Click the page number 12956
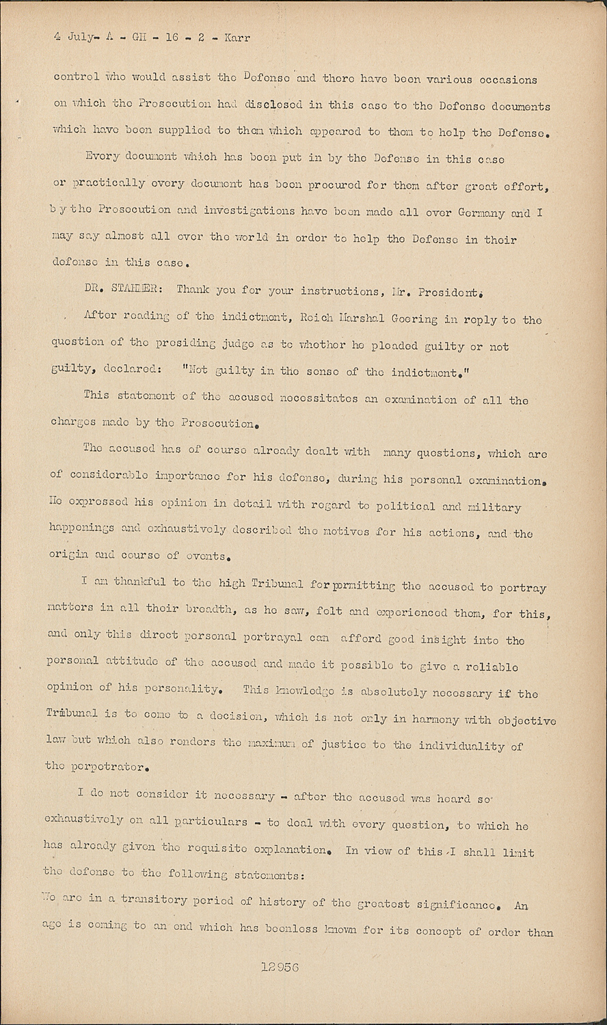pyautogui.click(x=280, y=966)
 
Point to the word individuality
pyautogui.click(x=468, y=746)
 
